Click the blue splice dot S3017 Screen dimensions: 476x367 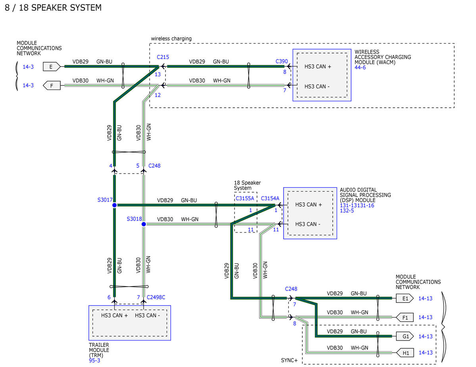point(114,205)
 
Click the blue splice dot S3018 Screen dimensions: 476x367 point(144,224)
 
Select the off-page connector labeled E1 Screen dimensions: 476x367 point(405,299)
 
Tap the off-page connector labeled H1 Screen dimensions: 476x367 point(405,353)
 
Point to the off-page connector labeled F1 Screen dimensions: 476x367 point(405,318)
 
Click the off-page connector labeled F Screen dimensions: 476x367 point(52,86)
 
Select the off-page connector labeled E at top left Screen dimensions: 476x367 point(52,67)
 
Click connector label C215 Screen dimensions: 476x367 point(163,57)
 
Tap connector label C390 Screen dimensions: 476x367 point(282,61)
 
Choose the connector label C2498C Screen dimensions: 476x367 point(156,297)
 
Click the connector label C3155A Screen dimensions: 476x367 point(245,198)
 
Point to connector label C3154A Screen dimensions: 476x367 point(270,198)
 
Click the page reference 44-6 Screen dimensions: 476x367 point(360,68)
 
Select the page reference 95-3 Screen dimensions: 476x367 point(94,360)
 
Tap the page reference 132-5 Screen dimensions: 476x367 point(347,211)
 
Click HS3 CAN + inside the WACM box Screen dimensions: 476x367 point(318,67)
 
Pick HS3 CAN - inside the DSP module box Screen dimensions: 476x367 point(307,224)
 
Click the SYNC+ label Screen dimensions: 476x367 point(289,360)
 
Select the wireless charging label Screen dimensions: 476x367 point(171,39)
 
